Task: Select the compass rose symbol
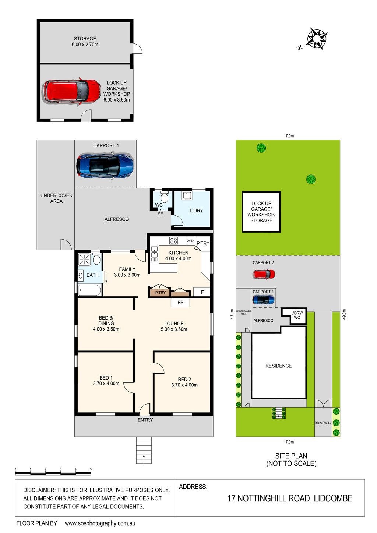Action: pos(316,39)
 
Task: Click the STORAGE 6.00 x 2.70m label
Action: pos(85,41)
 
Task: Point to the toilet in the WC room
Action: pos(164,197)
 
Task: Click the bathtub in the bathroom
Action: pos(90,290)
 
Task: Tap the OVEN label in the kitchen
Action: pos(190,241)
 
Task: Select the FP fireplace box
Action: pos(180,303)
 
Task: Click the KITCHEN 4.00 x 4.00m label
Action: pos(179,255)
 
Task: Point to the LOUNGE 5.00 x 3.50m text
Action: pos(174,326)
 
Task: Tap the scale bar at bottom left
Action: pos(53,473)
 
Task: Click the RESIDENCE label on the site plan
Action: pos(278,366)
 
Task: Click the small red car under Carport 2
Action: pos(264,274)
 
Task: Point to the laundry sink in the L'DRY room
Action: pos(187,195)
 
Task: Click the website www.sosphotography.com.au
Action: pos(100,523)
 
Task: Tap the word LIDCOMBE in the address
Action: pos(333,498)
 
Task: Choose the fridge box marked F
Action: pos(202,292)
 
